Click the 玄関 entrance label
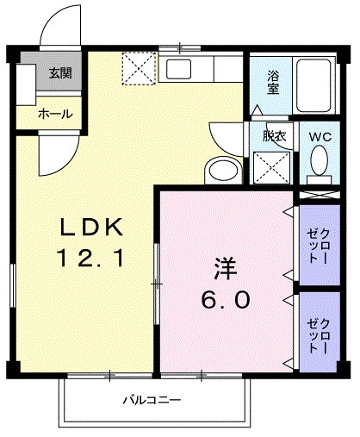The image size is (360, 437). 60,73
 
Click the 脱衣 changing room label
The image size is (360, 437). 272,135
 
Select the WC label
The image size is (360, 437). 320,135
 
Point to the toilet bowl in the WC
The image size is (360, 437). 320,160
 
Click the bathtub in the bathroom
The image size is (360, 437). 320,84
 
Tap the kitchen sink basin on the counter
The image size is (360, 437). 182,68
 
